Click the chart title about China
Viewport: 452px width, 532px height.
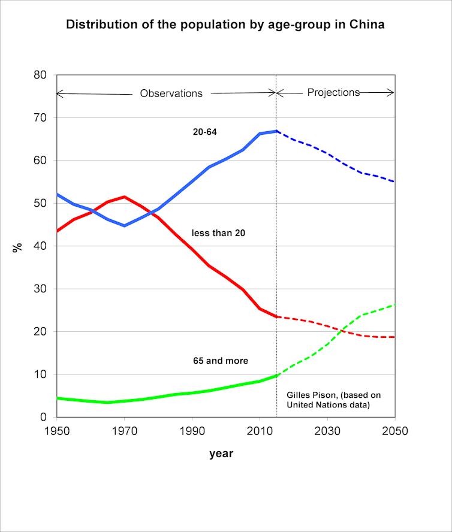pos(225,25)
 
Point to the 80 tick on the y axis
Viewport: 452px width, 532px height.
pos(40,75)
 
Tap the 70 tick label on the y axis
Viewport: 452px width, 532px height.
pos(40,118)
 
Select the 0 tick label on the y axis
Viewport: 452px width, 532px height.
pos(43,418)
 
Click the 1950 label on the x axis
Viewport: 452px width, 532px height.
pos(56,431)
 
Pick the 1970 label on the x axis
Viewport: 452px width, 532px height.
pos(124,431)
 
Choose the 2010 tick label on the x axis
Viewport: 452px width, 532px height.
pos(260,431)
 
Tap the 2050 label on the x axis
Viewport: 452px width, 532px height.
pos(394,431)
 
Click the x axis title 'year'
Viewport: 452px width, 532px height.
pos(221,454)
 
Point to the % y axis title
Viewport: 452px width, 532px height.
pos(17,246)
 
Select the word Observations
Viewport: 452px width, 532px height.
pos(171,93)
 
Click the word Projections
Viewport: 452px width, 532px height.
pos(333,92)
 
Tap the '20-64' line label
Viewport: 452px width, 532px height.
pos(204,132)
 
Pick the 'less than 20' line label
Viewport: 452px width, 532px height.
pos(218,232)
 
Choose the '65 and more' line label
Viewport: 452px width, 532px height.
pos(221,361)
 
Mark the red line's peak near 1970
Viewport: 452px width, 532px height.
pos(124,197)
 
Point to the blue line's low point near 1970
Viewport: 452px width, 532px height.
pos(124,226)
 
